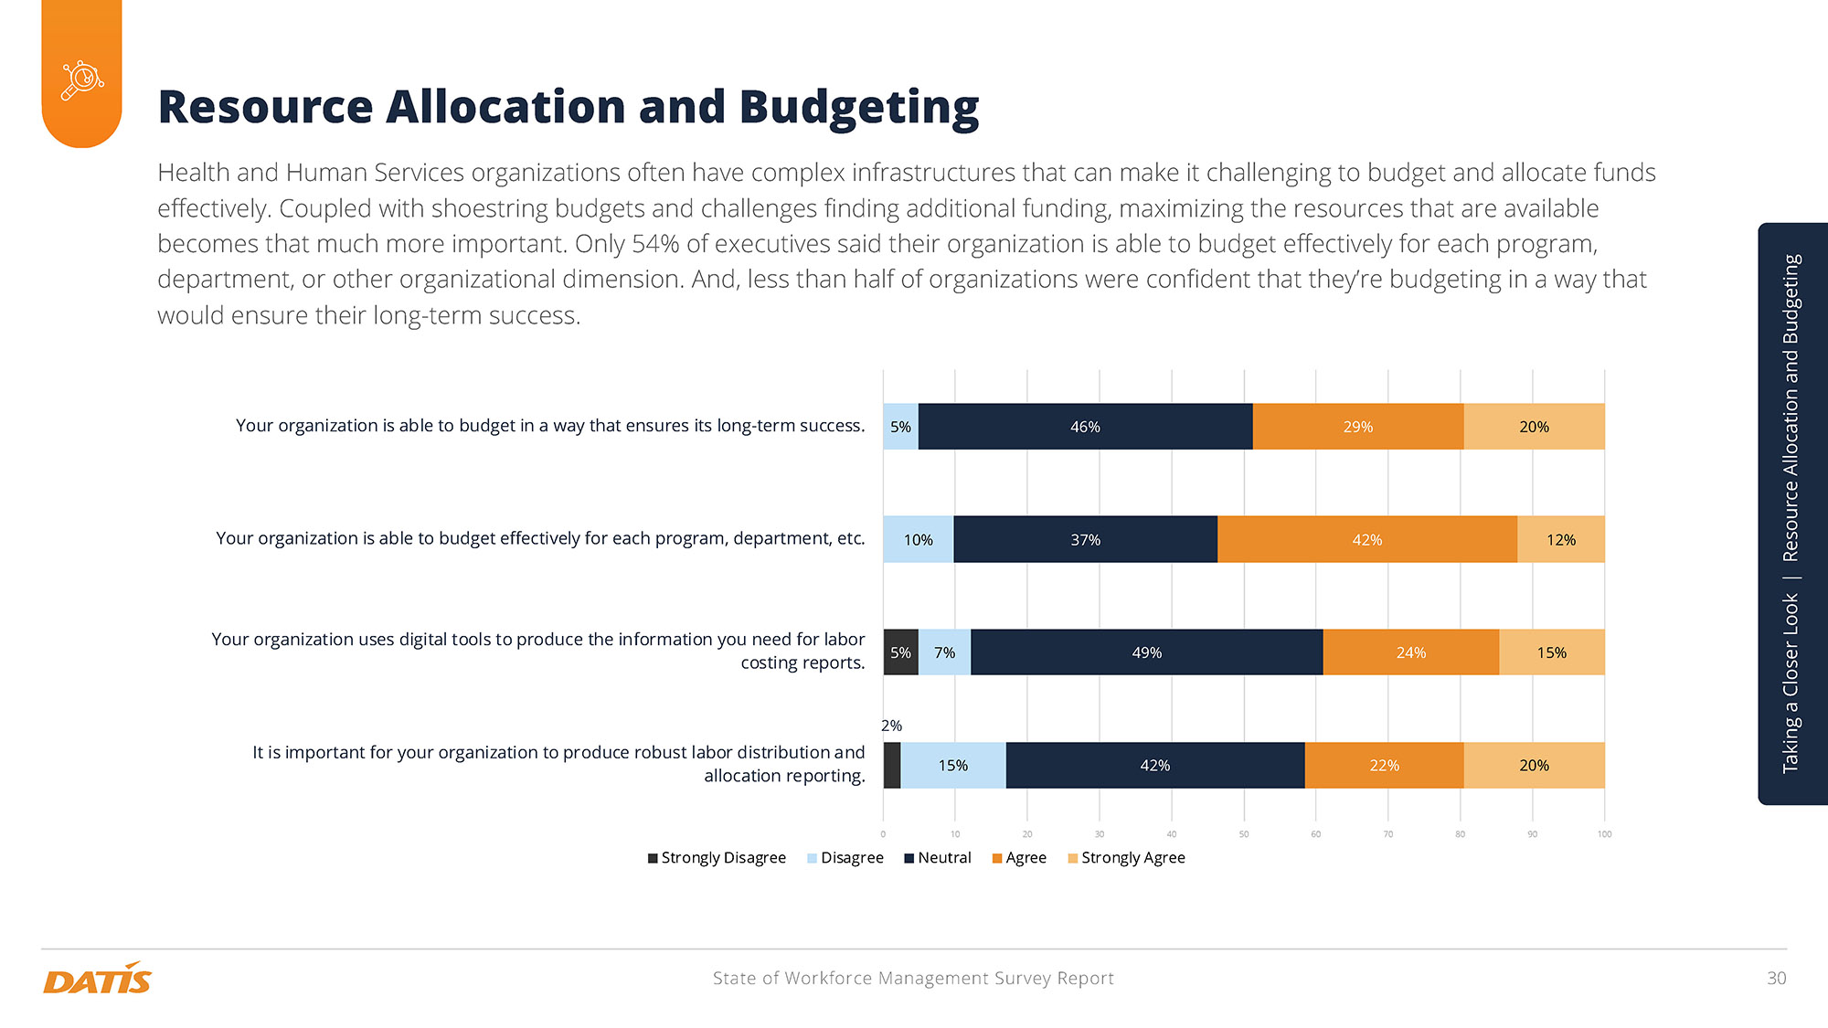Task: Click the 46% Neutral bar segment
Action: (1085, 427)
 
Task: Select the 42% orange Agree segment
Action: (1366, 540)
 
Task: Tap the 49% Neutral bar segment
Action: (1146, 652)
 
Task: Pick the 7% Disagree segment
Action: (944, 652)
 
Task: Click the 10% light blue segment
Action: (918, 540)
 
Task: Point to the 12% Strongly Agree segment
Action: (1560, 540)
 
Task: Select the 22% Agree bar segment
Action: (1384, 766)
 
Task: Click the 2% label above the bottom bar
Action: (891, 726)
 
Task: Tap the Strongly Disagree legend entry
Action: (717, 858)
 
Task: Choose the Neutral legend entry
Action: (938, 858)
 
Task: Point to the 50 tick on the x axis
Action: (1244, 834)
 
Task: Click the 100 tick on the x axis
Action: (1604, 834)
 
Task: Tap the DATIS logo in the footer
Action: (97, 980)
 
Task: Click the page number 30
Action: (1776, 979)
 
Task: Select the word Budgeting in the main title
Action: (858, 108)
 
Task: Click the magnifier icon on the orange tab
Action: (82, 80)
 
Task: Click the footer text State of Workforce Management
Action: (912, 979)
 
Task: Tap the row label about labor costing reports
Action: (538, 651)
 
